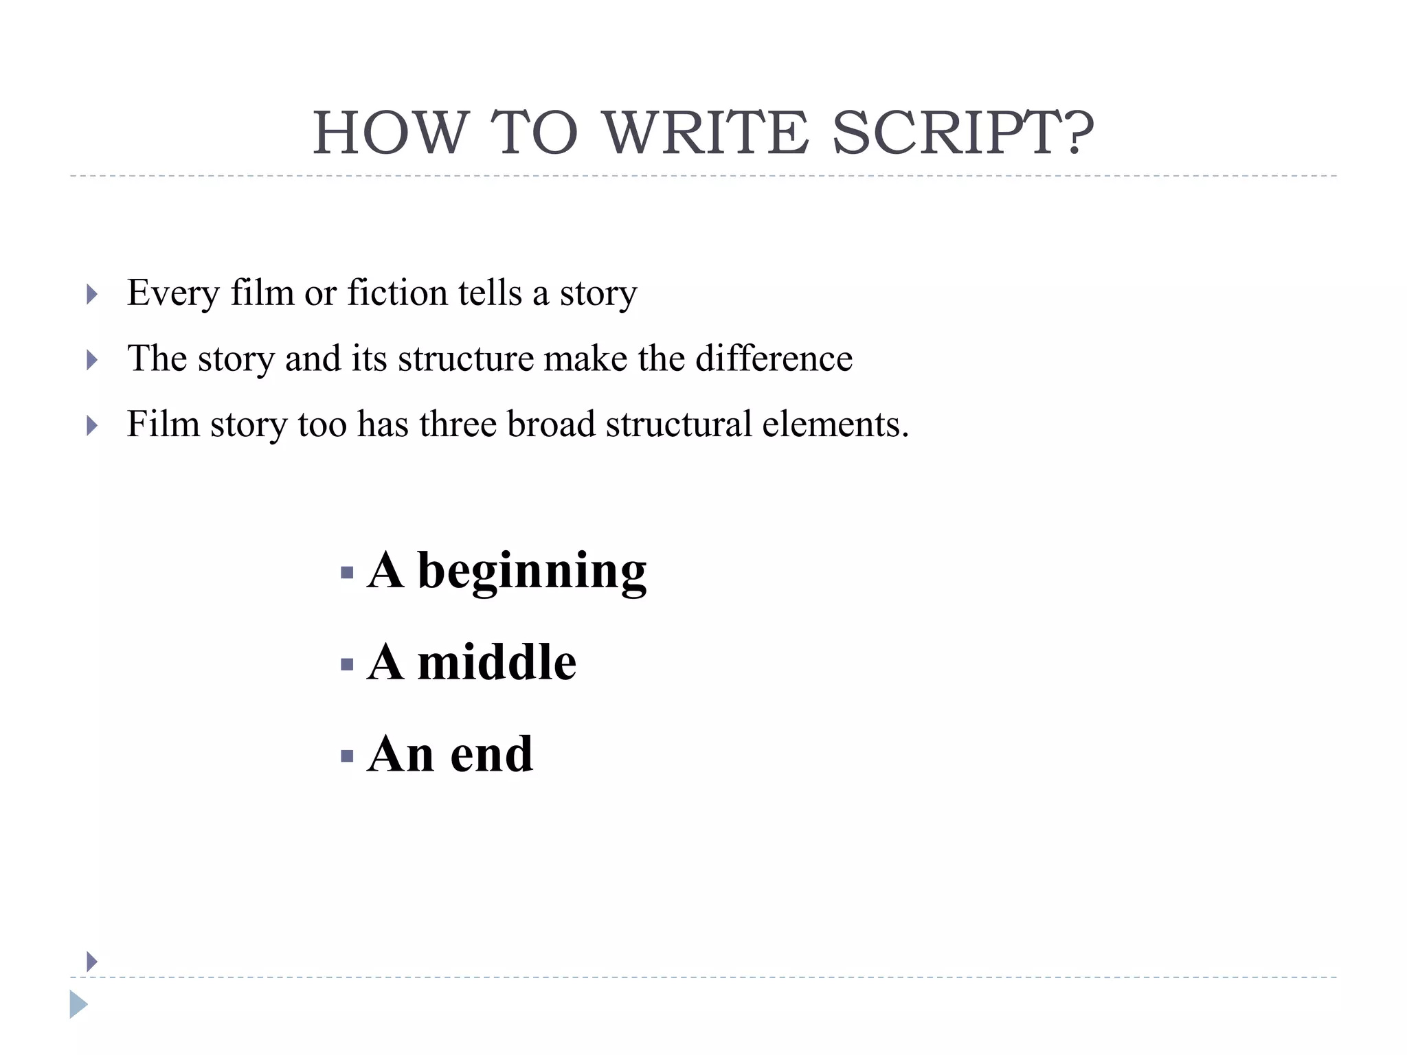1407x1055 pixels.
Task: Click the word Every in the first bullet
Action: click(x=172, y=293)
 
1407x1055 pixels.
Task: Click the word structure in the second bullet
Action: click(x=465, y=358)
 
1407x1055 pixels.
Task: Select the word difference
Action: click(x=774, y=358)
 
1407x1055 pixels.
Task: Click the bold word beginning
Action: click(x=532, y=571)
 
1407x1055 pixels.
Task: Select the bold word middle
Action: click(x=497, y=663)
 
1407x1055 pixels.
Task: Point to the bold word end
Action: click(x=491, y=754)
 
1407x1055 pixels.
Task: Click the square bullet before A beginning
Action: click(x=347, y=572)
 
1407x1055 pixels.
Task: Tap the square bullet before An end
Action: click(x=347, y=756)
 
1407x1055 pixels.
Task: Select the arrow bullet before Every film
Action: click(x=92, y=295)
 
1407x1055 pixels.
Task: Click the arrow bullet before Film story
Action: click(x=92, y=426)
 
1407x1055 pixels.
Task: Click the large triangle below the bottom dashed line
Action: click(x=78, y=1004)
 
